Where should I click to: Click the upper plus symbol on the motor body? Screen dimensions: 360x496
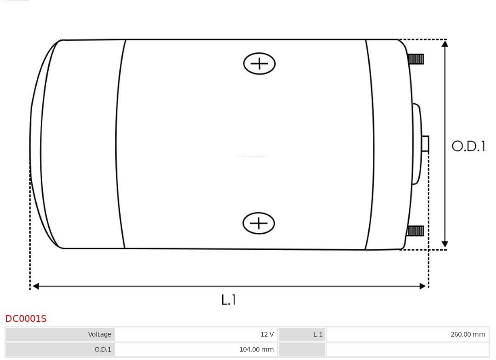pos(259,64)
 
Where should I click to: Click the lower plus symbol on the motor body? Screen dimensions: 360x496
pos(259,224)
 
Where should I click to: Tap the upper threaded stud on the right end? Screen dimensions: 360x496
pos(416,59)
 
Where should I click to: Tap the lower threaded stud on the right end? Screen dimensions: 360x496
pos(415,231)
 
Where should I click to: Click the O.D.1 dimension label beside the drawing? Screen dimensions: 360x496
pos(468,146)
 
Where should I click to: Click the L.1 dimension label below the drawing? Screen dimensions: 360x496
pos(229,300)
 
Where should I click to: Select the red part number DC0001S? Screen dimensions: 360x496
pos(26,319)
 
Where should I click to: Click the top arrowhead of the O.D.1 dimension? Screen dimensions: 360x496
pos(445,44)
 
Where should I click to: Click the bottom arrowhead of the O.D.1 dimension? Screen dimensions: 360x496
pos(445,244)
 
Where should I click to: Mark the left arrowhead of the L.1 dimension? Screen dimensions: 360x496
pos(36,287)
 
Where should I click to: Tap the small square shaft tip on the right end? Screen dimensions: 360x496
pos(425,144)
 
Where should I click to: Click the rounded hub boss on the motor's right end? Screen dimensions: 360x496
pos(416,144)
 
